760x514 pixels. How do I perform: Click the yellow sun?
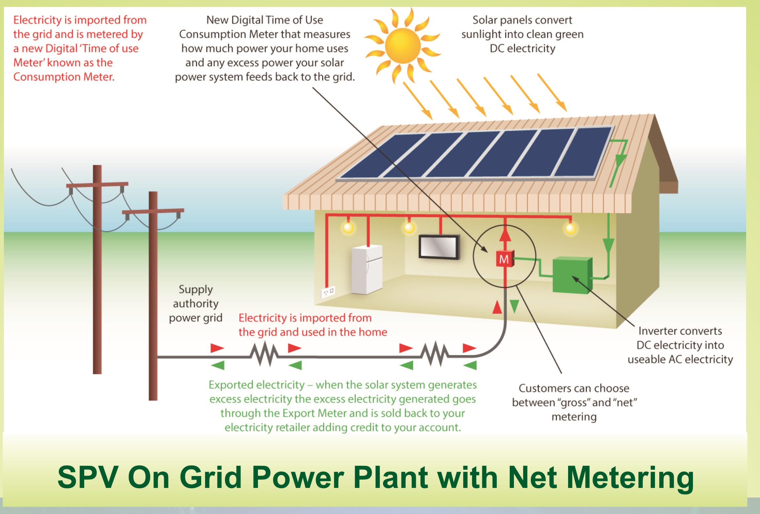point(403,46)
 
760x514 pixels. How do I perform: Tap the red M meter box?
point(504,259)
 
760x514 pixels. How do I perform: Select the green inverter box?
point(572,276)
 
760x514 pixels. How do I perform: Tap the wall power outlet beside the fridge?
point(328,291)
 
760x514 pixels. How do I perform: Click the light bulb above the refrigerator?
point(348,228)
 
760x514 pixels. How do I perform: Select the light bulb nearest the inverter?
point(570,228)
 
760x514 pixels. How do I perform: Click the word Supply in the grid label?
point(196,290)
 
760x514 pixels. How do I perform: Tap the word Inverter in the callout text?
point(657,331)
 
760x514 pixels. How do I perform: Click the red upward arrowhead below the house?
point(497,307)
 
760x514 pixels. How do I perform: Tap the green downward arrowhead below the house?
point(514,306)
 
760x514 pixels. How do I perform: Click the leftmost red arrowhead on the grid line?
point(217,348)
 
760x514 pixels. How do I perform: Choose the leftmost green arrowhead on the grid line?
point(218,365)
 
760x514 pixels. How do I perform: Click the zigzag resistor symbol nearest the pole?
point(264,355)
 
